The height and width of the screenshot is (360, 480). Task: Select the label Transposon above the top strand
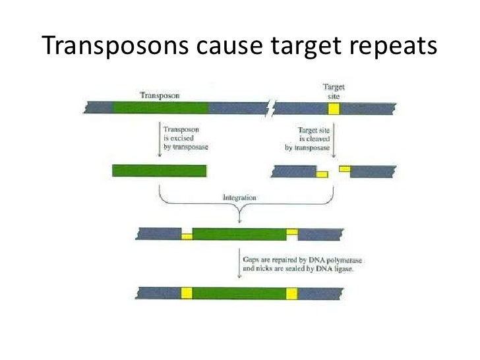point(158,94)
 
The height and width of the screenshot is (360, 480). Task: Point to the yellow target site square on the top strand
point(334,109)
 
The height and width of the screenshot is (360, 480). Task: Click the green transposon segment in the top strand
point(161,108)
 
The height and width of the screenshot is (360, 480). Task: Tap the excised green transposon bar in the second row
point(160,171)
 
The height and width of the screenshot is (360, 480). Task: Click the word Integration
point(239,197)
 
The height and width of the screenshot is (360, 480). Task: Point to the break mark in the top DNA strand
point(271,108)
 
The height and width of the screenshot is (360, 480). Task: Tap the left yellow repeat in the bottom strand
point(187,293)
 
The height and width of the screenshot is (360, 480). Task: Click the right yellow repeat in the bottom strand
point(292,293)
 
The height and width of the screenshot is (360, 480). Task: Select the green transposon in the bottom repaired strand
point(239,293)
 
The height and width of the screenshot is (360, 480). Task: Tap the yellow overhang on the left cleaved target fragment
point(322,174)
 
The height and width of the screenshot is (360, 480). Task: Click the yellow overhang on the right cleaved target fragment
point(344,169)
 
